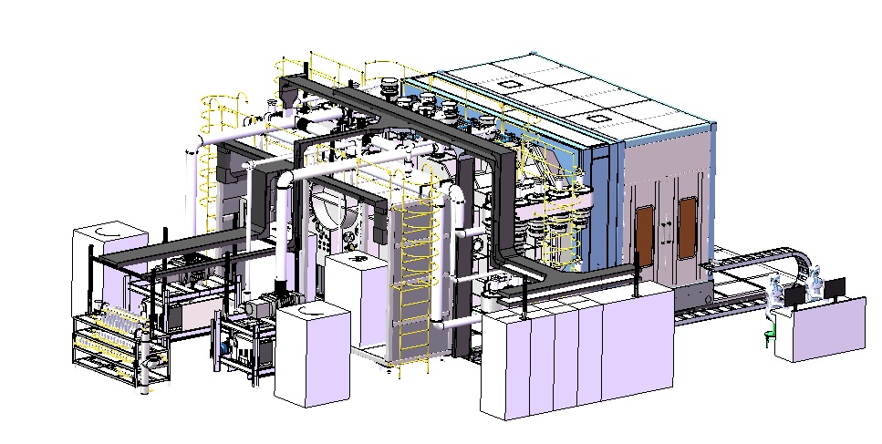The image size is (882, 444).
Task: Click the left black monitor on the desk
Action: pyautogui.click(x=795, y=294)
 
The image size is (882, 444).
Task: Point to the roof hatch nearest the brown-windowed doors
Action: pyautogui.click(x=599, y=118)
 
